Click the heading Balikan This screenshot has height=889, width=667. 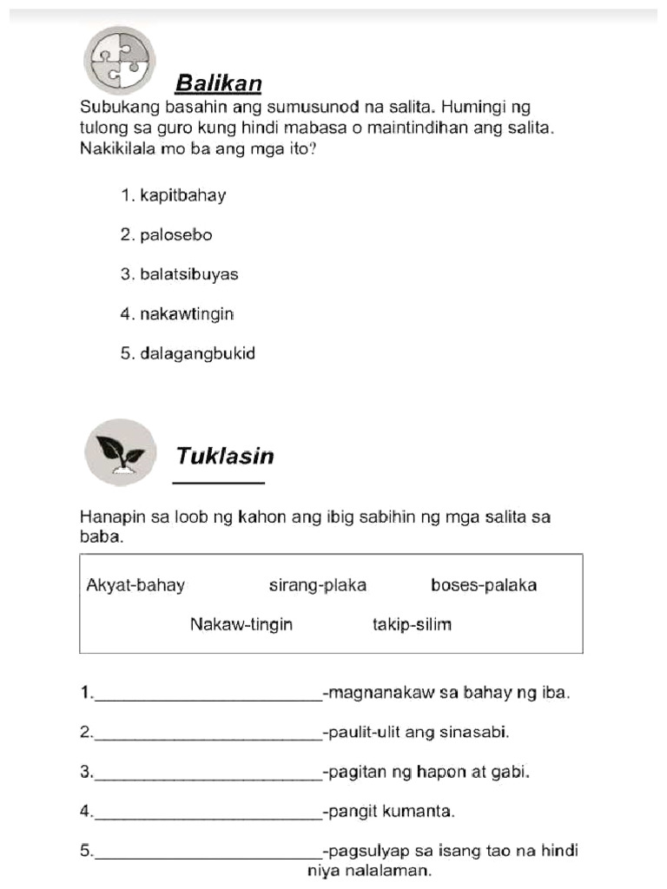click(x=218, y=83)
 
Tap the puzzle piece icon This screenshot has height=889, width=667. click(x=119, y=60)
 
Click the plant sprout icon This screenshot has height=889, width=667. click(x=121, y=452)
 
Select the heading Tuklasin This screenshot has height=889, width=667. click(x=225, y=456)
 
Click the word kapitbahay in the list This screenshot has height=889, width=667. click(x=182, y=195)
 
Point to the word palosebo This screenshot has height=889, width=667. click(x=175, y=235)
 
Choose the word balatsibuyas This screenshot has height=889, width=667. click(x=188, y=274)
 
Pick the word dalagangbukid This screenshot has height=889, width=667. click(x=197, y=354)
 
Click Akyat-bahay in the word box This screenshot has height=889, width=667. click(x=135, y=585)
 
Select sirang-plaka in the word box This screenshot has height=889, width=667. click(x=318, y=585)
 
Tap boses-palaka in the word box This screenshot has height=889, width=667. click(x=484, y=585)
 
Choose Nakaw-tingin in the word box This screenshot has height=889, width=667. click(x=241, y=624)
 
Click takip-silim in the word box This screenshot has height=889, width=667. click(x=412, y=624)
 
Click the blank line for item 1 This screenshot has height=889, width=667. click(x=208, y=695)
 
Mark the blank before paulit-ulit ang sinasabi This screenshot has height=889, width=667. click(x=208, y=734)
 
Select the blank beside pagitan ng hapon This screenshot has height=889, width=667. click(x=208, y=774)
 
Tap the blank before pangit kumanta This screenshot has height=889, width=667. click(x=208, y=814)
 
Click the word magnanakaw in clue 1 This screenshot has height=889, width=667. click(x=373, y=693)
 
